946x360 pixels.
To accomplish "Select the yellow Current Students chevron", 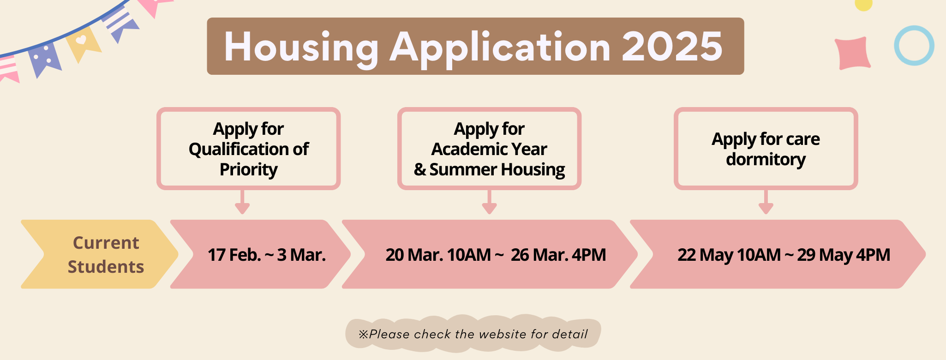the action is (x=99, y=254).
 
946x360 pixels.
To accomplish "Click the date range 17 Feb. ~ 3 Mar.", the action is (x=267, y=255).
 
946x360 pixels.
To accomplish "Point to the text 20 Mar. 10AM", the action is (x=438, y=255).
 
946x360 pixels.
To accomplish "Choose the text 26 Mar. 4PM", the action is (x=558, y=255).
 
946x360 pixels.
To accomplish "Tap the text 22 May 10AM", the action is (x=729, y=255).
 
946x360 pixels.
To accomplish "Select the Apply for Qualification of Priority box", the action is (x=249, y=149).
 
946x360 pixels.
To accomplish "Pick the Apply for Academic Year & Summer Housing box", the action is (x=489, y=149).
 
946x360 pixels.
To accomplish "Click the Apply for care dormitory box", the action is (x=766, y=149).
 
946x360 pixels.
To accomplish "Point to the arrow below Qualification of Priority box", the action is (x=242, y=202).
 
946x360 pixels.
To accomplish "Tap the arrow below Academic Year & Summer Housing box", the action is (x=489, y=202).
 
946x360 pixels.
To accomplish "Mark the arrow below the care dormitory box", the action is (x=766, y=202).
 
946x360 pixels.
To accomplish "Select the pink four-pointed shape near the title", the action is (x=853, y=54).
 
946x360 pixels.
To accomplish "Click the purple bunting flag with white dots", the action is (x=44, y=59).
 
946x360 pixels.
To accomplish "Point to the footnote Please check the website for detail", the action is (x=473, y=334).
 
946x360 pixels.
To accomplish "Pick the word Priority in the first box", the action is (x=249, y=170).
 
